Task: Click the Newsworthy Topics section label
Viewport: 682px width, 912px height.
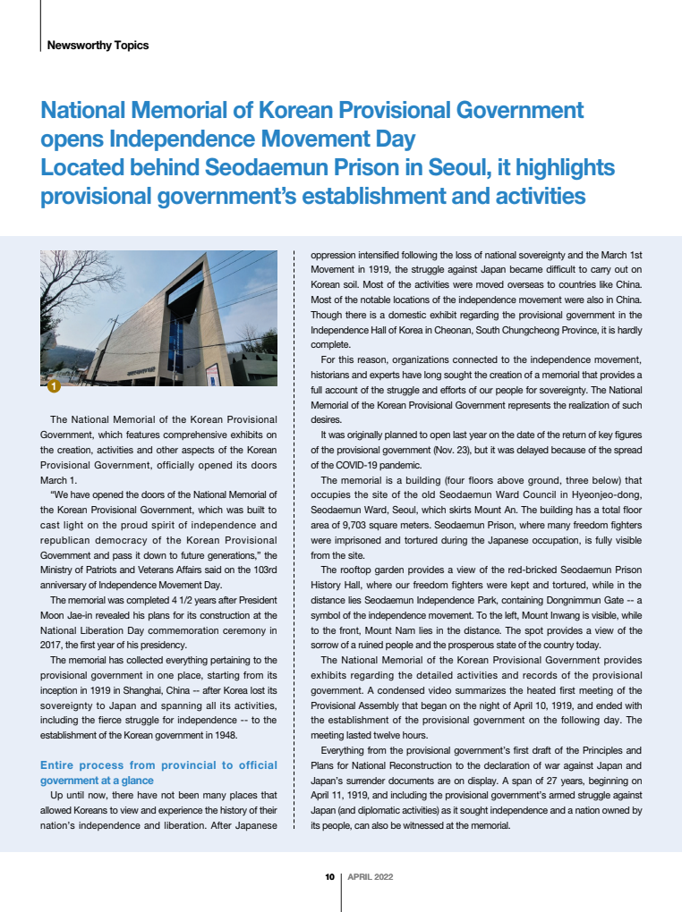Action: (x=98, y=45)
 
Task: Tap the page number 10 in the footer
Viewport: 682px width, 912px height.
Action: (x=329, y=877)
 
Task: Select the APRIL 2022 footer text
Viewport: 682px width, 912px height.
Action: (x=370, y=877)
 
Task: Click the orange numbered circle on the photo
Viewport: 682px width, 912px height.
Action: (x=53, y=386)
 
